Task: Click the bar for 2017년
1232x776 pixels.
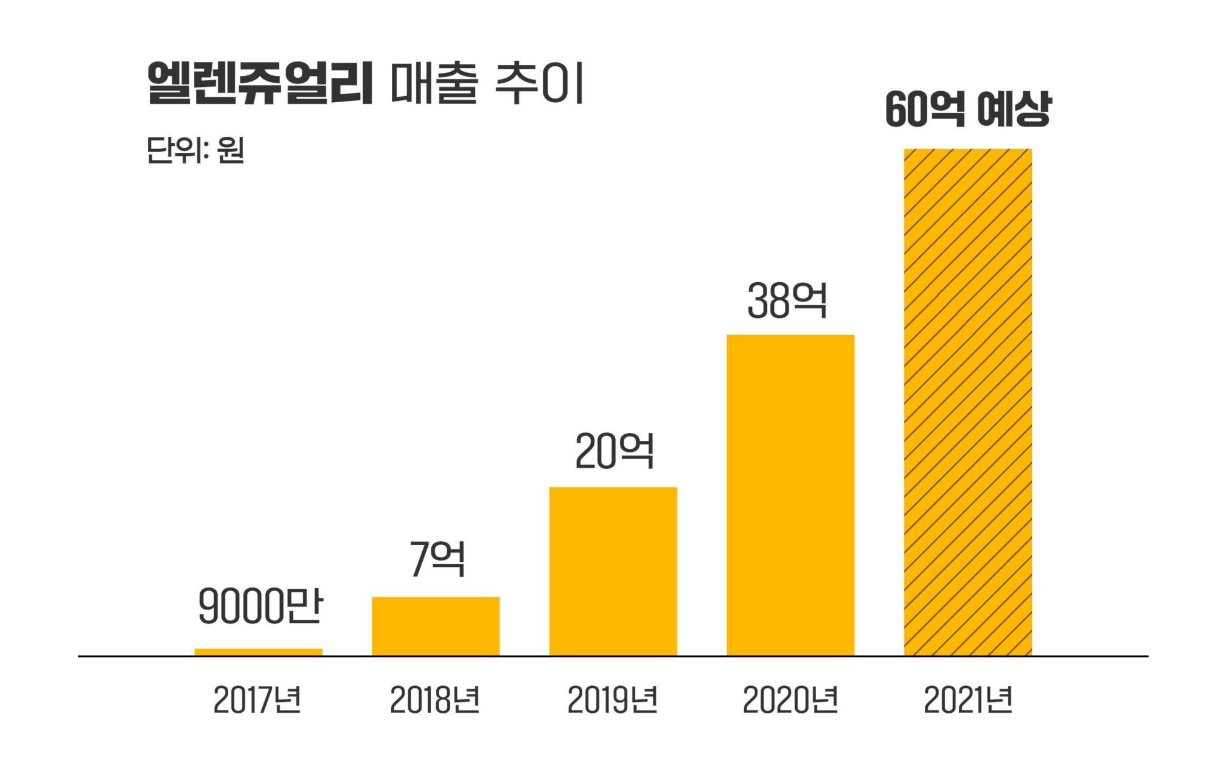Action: (x=258, y=652)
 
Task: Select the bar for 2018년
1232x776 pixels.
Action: (x=436, y=626)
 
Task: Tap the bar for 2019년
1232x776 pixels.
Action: (x=613, y=571)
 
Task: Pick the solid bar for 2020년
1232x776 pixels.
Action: (x=790, y=495)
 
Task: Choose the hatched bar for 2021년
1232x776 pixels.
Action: (x=967, y=402)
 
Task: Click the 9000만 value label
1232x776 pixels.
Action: (x=260, y=606)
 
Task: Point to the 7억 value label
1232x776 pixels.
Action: (x=437, y=558)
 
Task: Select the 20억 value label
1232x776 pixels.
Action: (x=614, y=451)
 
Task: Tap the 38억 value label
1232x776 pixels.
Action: (x=787, y=300)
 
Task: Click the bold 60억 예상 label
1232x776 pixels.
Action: (x=967, y=109)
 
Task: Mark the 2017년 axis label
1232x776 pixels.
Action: (x=257, y=699)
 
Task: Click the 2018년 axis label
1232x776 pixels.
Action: (x=435, y=699)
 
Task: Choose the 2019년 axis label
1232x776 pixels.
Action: (x=613, y=699)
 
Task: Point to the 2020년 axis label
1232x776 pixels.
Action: (x=790, y=699)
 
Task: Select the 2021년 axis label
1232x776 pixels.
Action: (x=968, y=699)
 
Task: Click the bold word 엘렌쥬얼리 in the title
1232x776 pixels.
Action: (x=260, y=83)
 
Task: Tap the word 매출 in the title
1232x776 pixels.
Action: (x=434, y=83)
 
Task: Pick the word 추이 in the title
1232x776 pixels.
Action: (x=539, y=83)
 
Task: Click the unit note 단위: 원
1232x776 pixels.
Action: (x=195, y=150)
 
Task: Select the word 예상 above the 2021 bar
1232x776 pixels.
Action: (x=1014, y=109)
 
